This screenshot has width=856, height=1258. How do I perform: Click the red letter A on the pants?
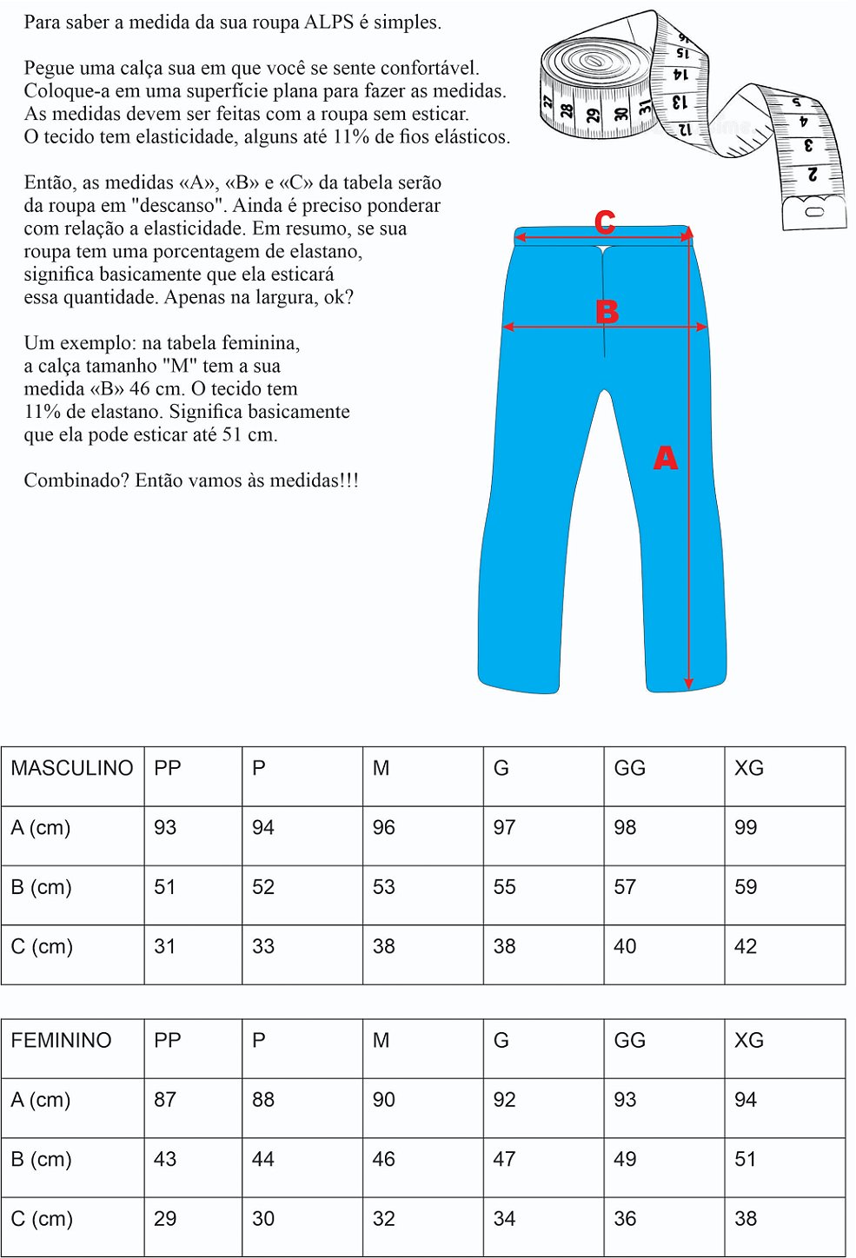pos(665,458)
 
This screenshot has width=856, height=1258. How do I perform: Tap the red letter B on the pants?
pos(607,311)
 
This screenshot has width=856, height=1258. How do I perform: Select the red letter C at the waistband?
pos(605,223)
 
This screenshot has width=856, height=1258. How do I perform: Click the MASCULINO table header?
pos(72,769)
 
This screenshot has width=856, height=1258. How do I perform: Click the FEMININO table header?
pos(61,1041)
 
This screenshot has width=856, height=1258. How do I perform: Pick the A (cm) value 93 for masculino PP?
pos(165,828)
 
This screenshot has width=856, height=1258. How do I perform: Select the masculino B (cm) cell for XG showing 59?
pos(746,887)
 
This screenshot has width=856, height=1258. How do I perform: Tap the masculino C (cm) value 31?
pos(165,947)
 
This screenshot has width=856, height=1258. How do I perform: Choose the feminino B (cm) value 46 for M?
pos(384,1160)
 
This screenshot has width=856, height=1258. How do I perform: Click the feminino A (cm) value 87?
pos(165,1100)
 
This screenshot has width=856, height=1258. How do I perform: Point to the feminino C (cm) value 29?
pos(165,1219)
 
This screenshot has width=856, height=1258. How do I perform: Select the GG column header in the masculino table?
pos(630,769)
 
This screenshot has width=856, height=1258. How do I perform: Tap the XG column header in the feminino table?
pos(749,1041)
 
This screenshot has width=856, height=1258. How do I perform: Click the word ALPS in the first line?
pos(328,23)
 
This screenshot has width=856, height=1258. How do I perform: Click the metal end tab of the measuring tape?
pos(814,212)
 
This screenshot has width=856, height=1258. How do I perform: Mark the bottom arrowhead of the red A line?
pos(688,684)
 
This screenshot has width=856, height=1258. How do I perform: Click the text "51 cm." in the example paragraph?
pos(249,435)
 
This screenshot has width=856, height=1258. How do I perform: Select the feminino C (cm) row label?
pos(42,1219)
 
